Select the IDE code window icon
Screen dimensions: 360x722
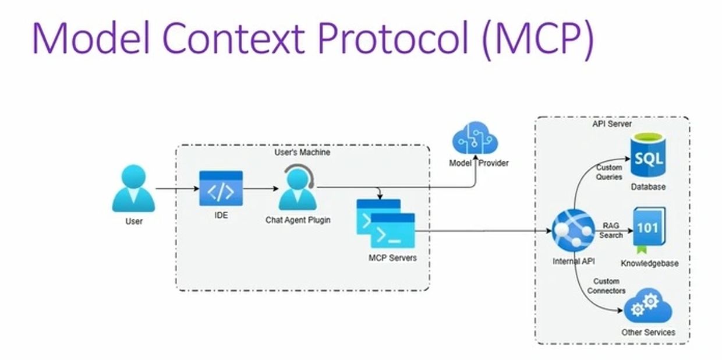221,189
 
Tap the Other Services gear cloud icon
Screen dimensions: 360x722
647,306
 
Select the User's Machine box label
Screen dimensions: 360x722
302,153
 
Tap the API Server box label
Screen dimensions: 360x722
611,124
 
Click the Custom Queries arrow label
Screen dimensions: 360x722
609,172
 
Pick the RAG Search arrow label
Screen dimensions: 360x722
611,230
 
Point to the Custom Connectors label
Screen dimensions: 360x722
606,286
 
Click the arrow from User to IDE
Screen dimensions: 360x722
177,189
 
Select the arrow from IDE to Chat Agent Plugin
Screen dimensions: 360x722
260,189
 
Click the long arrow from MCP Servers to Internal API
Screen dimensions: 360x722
483,231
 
